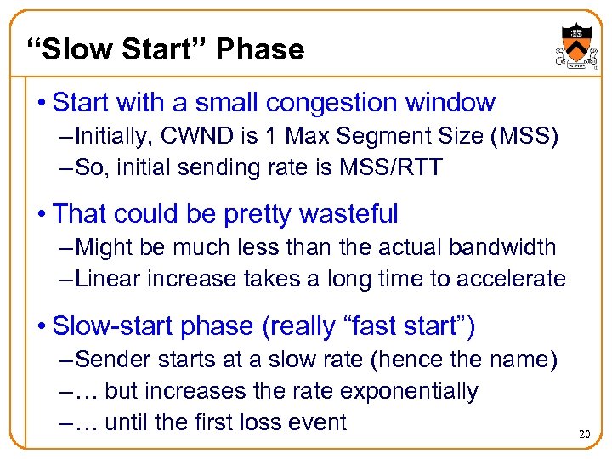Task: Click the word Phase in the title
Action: pyautogui.click(x=259, y=49)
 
